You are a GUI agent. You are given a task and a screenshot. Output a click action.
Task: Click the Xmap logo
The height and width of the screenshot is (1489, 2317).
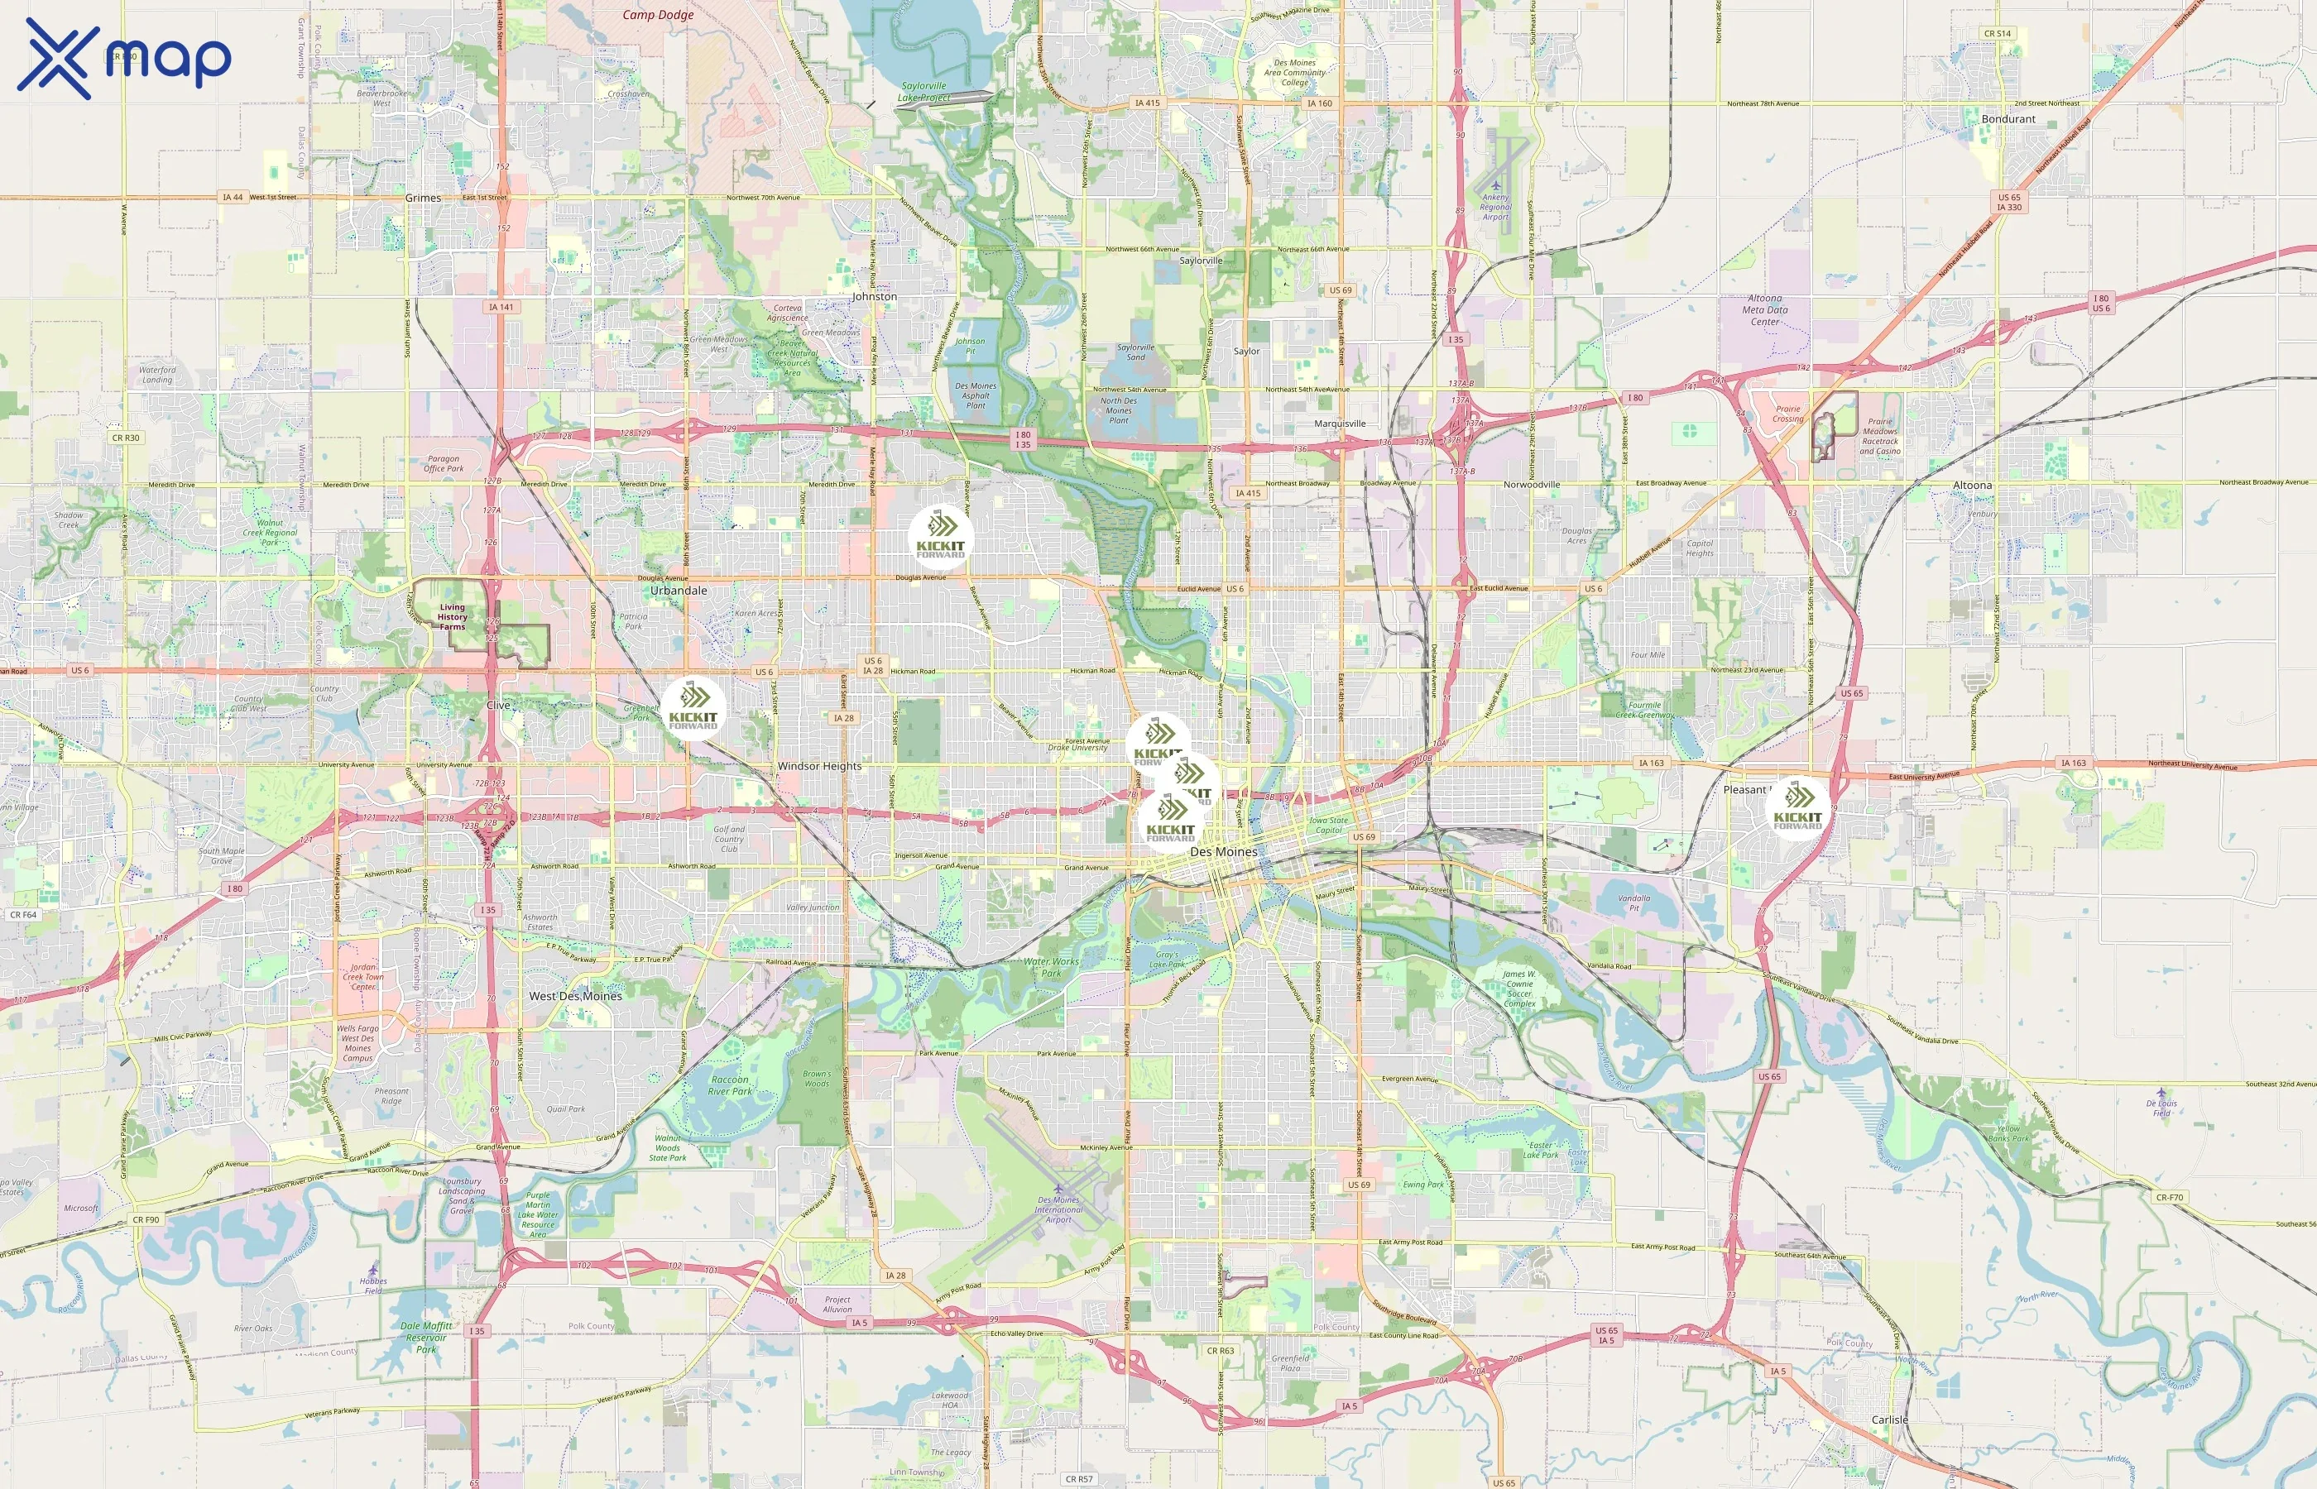click(x=124, y=58)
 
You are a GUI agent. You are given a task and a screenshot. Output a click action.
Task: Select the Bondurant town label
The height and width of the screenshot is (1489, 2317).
click(x=2008, y=119)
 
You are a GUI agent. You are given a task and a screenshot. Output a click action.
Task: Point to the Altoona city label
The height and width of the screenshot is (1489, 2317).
click(x=1972, y=486)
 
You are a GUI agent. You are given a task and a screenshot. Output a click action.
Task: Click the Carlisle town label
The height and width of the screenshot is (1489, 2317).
click(x=1889, y=1420)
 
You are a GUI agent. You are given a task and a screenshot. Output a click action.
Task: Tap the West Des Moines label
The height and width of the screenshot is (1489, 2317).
click(x=575, y=996)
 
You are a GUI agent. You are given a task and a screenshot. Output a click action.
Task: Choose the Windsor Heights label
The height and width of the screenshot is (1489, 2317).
click(x=819, y=766)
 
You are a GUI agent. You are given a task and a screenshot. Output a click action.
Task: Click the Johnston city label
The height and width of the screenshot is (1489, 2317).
click(x=874, y=297)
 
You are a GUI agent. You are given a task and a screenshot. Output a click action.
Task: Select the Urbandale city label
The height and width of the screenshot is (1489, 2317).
click(x=678, y=590)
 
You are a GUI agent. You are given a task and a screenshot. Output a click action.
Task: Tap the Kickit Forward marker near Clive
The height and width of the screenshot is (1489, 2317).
click(x=693, y=708)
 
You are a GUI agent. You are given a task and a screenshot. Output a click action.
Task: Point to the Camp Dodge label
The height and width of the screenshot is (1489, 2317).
click(x=658, y=15)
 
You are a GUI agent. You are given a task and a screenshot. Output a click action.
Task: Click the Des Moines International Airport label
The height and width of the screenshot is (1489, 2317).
click(x=1059, y=1209)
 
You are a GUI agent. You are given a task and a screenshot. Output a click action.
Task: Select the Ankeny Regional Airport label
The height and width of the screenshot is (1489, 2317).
click(x=1495, y=207)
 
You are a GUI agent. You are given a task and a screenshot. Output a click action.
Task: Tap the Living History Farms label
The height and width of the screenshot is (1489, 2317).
click(x=452, y=617)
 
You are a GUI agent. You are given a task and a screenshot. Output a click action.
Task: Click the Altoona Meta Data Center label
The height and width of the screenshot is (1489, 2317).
click(x=1765, y=310)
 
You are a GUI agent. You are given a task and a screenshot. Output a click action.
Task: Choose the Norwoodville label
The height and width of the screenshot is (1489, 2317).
click(x=1532, y=485)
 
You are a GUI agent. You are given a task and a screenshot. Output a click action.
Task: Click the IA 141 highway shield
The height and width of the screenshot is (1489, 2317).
click(x=501, y=308)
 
